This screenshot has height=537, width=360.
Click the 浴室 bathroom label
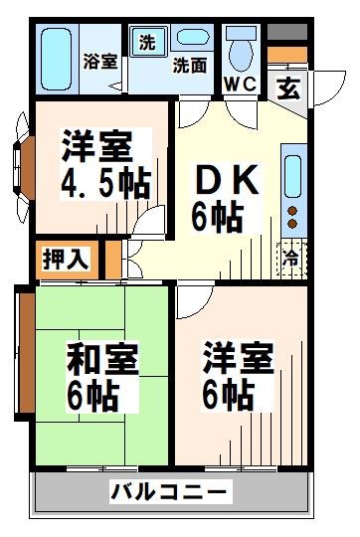pos(100,60)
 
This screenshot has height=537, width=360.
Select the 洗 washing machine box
pos(146,43)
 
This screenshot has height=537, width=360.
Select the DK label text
pos(226,182)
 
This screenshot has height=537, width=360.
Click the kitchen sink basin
pos(294,175)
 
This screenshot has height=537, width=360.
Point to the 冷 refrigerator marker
pos(292,255)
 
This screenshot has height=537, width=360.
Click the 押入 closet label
pos(67,259)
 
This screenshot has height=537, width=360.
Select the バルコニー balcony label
pos(169,490)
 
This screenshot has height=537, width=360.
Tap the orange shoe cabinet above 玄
pos(289,55)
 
